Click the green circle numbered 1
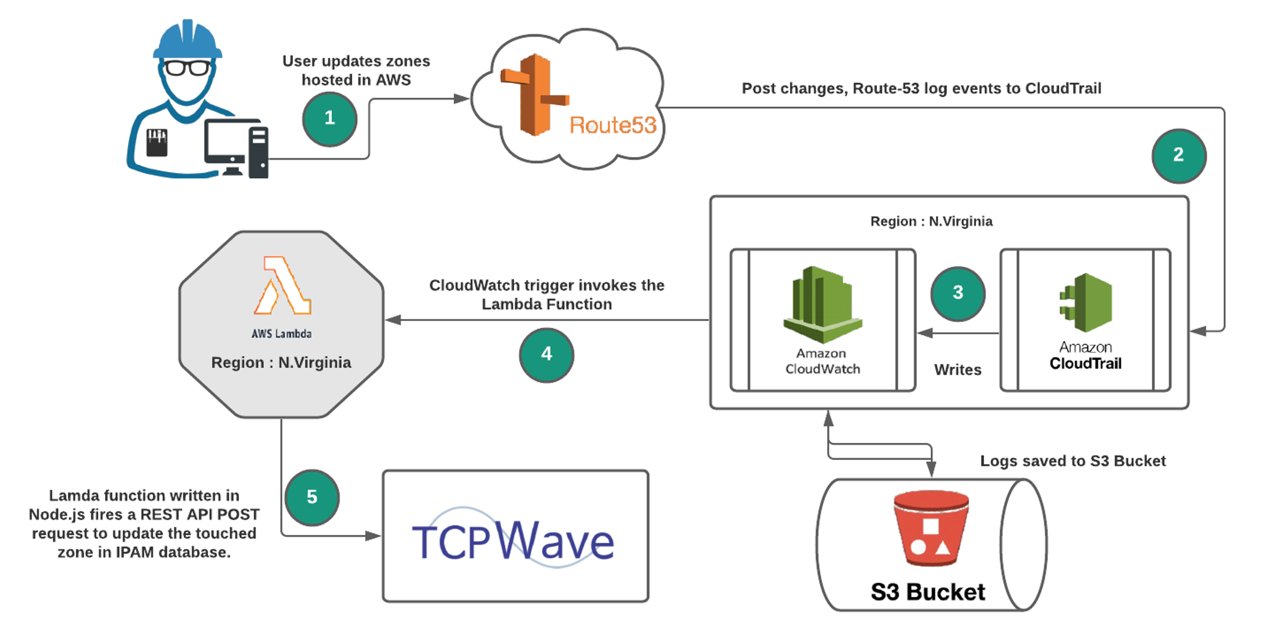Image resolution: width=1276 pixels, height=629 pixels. point(329,119)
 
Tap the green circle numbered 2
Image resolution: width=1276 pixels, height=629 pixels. point(1179,155)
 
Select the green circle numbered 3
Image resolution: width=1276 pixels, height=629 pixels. point(957,293)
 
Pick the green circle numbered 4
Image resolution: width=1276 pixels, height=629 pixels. point(547,355)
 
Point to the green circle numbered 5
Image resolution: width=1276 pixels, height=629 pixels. point(312,497)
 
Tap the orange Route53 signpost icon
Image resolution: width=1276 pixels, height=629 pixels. point(534,94)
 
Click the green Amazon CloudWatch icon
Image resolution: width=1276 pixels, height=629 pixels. point(822,305)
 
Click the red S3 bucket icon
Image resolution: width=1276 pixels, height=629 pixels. point(931,528)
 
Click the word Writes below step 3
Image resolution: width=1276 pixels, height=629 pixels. point(957,370)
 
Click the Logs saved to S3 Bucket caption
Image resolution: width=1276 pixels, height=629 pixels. point(1072,461)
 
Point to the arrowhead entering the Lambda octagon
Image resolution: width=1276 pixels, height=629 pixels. point(392,320)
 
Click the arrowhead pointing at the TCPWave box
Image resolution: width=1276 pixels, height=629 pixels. point(374,535)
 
